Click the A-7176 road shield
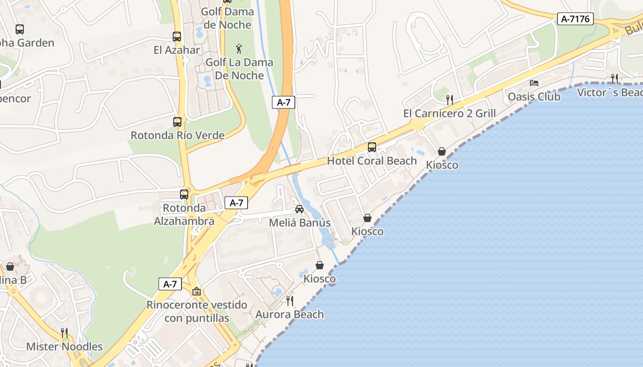click(x=575, y=19)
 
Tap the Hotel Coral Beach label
click(x=372, y=161)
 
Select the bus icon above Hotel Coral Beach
click(x=372, y=147)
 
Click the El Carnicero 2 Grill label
click(x=449, y=113)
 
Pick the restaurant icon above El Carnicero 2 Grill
click(x=450, y=99)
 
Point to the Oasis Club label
click(x=534, y=97)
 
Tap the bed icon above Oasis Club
click(x=534, y=83)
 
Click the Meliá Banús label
click(x=299, y=223)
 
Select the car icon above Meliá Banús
click(x=299, y=209)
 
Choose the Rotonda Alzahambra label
click(x=184, y=215)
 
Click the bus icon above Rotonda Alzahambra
click(x=184, y=194)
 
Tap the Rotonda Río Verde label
click(x=178, y=136)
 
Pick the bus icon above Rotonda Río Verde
click(x=177, y=122)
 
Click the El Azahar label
click(x=177, y=50)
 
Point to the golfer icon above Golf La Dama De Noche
click(x=239, y=48)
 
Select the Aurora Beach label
click(x=290, y=315)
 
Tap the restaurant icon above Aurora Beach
click(x=290, y=301)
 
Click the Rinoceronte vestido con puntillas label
click(x=197, y=311)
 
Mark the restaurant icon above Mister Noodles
click(x=64, y=333)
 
